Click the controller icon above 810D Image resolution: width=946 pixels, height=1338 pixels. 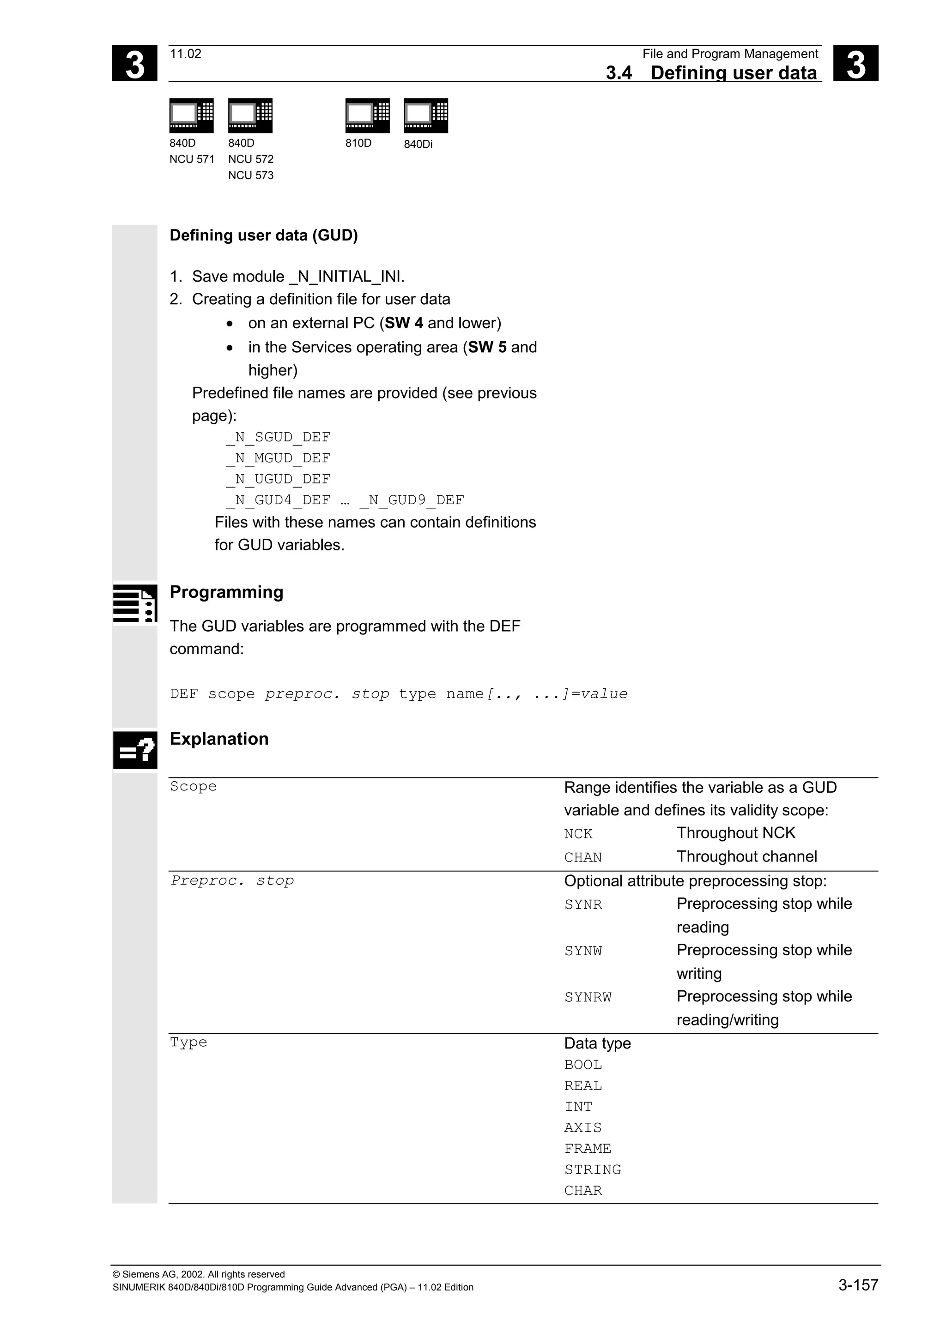point(367,115)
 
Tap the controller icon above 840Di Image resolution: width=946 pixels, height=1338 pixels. point(425,115)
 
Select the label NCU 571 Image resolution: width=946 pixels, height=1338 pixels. point(192,159)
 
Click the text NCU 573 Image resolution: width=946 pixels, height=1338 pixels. point(251,175)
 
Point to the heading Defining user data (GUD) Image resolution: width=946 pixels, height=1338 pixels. point(263,235)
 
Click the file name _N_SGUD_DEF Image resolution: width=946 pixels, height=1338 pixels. point(278,437)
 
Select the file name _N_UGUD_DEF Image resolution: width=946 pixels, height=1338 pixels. point(278,479)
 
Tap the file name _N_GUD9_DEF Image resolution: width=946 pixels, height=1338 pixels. point(412,500)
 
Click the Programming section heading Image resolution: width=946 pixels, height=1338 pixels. point(226,592)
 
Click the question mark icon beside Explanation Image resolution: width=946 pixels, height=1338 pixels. point(135,750)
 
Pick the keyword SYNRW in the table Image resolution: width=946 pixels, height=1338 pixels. point(588,997)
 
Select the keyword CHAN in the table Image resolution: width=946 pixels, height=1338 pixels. point(583,857)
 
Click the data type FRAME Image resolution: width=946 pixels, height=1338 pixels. point(588,1149)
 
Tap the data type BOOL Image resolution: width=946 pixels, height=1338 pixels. point(583,1065)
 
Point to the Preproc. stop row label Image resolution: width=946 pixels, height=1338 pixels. point(232,880)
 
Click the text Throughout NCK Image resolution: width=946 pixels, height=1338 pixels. point(735,833)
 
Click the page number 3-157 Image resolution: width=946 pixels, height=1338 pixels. point(857,1285)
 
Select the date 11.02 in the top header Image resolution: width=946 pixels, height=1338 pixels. point(185,54)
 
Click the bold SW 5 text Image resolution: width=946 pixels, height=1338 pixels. point(487,347)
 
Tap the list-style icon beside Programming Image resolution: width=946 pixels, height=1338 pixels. point(135,603)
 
